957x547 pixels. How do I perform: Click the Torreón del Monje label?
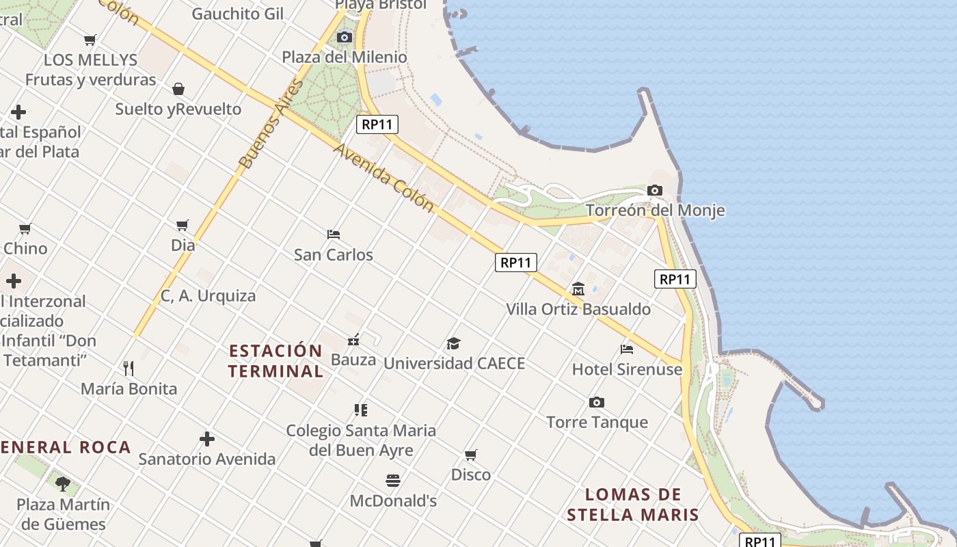tap(655, 210)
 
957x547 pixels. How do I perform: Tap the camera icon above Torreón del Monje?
tap(655, 190)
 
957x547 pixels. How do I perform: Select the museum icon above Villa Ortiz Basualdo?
tap(578, 289)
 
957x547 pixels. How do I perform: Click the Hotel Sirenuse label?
tap(627, 369)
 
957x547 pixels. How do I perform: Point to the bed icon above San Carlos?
tap(334, 235)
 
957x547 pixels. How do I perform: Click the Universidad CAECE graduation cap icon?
tap(453, 343)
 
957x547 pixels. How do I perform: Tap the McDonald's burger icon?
tap(393, 481)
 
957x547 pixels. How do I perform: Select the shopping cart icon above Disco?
tap(470, 455)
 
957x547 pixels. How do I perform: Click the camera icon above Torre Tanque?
tap(597, 402)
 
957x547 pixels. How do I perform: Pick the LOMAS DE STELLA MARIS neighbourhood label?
tap(633, 505)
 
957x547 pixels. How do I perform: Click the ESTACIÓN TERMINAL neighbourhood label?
tap(275, 361)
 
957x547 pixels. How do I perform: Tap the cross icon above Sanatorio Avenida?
tap(207, 439)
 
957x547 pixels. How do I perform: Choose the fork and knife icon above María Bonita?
tap(129, 369)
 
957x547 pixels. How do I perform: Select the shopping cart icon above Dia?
tap(183, 225)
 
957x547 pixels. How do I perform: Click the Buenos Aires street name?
tap(271, 124)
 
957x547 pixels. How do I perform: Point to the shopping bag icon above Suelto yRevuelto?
tap(178, 89)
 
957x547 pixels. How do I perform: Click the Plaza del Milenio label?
tap(345, 57)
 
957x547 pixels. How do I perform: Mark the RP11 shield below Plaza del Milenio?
tap(377, 124)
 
